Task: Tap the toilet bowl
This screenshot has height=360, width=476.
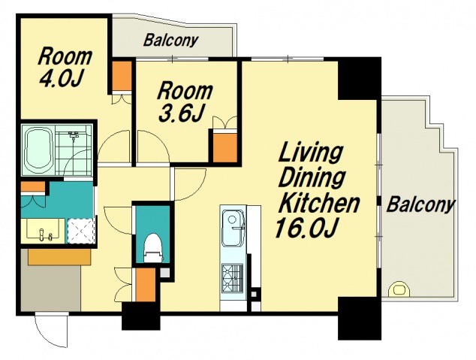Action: tap(152, 248)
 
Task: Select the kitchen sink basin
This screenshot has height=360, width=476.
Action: tap(233, 227)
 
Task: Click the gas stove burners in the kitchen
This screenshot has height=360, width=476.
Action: tap(232, 278)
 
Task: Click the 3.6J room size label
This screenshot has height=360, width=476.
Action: tap(181, 113)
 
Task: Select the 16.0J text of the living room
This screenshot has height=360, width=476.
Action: tap(306, 228)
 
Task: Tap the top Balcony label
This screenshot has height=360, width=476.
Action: tap(171, 40)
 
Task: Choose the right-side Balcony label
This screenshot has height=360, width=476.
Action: tap(420, 204)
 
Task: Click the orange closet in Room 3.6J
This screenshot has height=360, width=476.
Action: tap(224, 148)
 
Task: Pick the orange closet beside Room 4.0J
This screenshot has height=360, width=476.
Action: tap(122, 76)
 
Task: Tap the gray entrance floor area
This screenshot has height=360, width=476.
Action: tap(51, 287)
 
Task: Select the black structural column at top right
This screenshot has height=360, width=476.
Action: tap(359, 78)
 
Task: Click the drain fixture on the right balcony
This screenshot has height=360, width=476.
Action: tap(399, 289)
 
